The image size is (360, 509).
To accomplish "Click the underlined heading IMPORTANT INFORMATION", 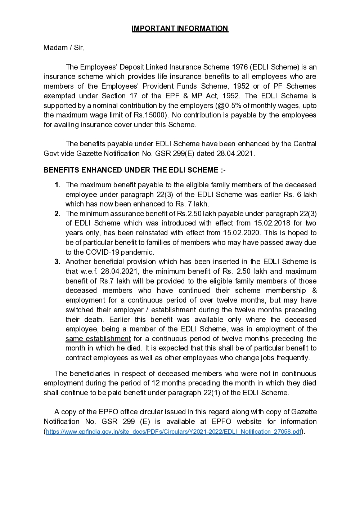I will [x=180, y=28].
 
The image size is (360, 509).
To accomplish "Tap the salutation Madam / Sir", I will [x=64, y=48].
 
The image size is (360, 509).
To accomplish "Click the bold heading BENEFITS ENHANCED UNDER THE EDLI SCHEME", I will [x=134, y=170].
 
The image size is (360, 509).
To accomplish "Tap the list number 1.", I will [x=57, y=185].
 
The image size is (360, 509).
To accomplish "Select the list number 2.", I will [x=57, y=214].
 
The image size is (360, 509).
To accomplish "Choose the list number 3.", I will [x=57, y=262].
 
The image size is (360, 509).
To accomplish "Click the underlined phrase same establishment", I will [x=98, y=339].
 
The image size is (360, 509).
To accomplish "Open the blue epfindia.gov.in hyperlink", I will [x=174, y=432].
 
